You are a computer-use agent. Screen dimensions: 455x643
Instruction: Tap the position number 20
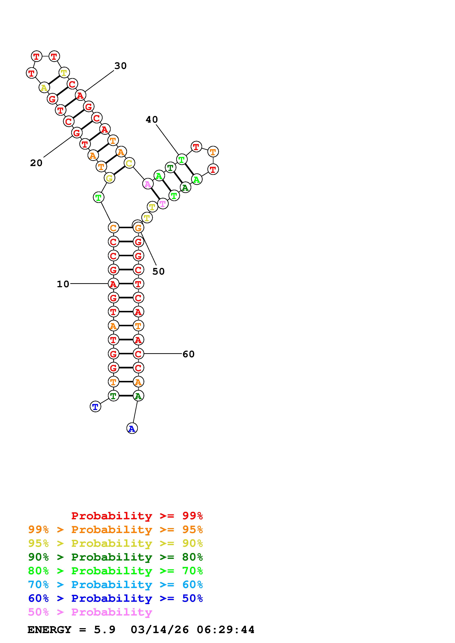(36, 163)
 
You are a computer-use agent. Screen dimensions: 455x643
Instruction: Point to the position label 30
(121, 66)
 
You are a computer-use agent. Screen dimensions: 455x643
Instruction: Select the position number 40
(152, 120)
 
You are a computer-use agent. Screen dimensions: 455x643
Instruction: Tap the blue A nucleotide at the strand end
(132, 429)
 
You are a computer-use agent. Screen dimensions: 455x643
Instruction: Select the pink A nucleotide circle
(147, 184)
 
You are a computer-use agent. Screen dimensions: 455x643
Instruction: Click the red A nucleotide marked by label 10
(113, 284)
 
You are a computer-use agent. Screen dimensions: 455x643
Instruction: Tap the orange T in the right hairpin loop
(213, 152)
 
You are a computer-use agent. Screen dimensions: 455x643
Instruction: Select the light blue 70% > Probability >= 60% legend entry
(115, 585)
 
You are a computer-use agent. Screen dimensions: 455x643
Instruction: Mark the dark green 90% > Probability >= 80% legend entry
(115, 557)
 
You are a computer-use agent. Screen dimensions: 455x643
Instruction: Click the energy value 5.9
(105, 630)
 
